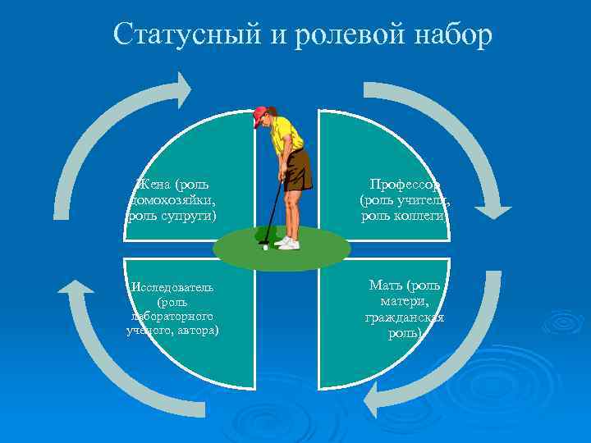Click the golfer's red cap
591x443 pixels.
pyautogui.click(x=261, y=114)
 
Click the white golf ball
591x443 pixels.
pyautogui.click(x=266, y=247)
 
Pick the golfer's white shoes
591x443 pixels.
pyautogui.click(x=287, y=243)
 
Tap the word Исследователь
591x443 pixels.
pyautogui.click(x=172, y=287)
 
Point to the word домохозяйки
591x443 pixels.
pyautogui.click(x=173, y=199)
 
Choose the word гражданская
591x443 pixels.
pyautogui.click(x=405, y=317)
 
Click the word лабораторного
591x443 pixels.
pyautogui.click(x=172, y=316)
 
